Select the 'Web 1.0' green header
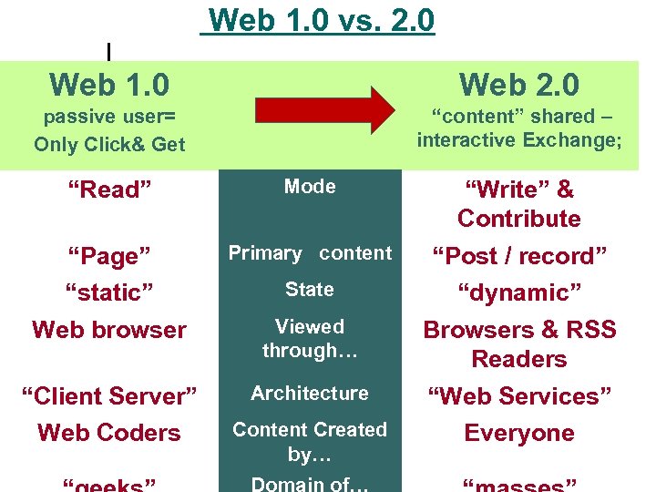pos(109,85)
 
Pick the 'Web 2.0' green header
pos(519,85)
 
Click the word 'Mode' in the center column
pos(310,187)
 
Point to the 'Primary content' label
pos(310,253)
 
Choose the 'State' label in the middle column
pos(310,290)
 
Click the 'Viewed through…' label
pos(310,338)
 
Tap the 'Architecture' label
pos(310,394)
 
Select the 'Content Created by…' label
pos(310,441)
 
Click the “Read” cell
pos(109,190)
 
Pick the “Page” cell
pos(109,257)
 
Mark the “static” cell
pos(109,293)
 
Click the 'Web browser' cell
pos(109,330)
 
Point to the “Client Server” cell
pos(109,397)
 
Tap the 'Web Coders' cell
pos(109,433)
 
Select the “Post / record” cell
pos(519,257)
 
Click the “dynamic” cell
pos(519,293)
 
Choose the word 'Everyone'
pos(519,433)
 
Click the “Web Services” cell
pos(519,397)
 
